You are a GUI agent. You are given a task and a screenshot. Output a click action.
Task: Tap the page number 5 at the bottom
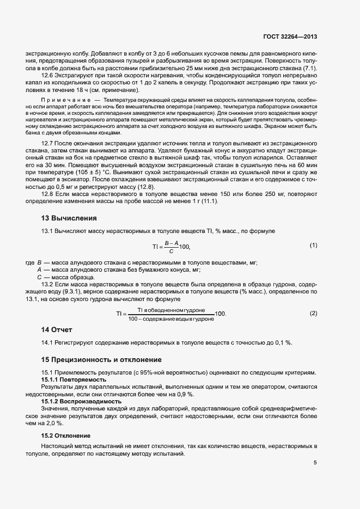point(315,463)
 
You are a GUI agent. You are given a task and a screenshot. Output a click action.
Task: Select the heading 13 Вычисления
point(69,218)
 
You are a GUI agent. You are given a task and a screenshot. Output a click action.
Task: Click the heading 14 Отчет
point(57,329)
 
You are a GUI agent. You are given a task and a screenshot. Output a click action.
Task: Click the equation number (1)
point(313,246)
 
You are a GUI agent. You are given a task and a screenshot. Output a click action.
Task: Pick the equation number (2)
point(313,314)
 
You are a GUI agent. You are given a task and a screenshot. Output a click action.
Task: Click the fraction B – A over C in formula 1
point(170,247)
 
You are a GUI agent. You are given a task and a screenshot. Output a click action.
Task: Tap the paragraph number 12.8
point(48,194)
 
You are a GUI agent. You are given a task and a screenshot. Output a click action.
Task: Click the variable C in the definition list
point(39,277)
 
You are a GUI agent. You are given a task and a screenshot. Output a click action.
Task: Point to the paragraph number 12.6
point(48,75)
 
